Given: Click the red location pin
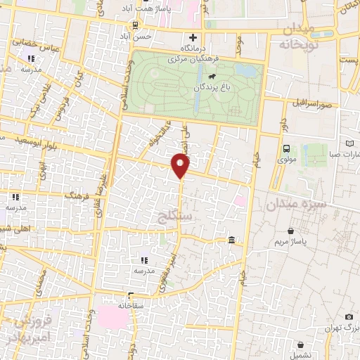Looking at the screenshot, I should tap(181, 166).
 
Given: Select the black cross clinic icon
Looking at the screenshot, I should tap(192, 37).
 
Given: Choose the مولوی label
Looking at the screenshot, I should tap(287, 159).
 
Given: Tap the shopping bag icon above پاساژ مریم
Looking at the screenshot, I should tap(291, 230).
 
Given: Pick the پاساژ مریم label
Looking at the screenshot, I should tap(291, 242).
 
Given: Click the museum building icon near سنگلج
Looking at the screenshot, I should tap(231, 242).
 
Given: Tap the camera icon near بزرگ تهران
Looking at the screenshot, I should tap(349, 317).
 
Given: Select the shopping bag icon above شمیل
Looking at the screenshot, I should tap(301, 345).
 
